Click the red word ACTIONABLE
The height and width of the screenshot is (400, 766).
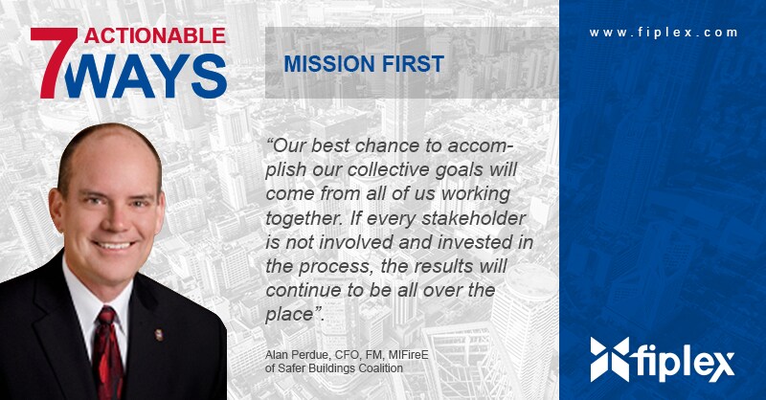[155, 35]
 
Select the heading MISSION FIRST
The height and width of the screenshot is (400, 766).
[364, 64]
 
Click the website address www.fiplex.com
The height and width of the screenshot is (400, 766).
[664, 33]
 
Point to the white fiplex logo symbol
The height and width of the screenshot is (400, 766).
[610, 360]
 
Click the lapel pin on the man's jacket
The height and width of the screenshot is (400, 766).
[159, 335]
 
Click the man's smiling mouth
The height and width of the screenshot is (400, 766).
[114, 245]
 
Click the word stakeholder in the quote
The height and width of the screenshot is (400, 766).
[473, 218]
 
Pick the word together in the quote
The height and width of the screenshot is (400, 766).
[304, 219]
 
